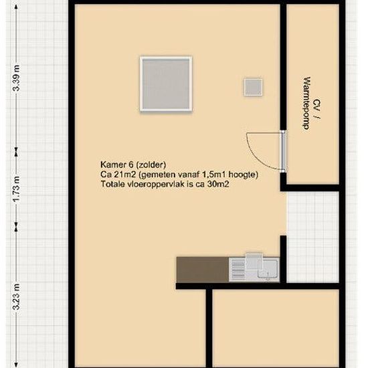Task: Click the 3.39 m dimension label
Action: click(x=17, y=78)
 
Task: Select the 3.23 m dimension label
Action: click(x=17, y=297)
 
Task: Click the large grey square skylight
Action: click(x=166, y=84)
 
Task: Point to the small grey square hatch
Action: click(x=253, y=87)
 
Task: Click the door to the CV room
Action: click(x=284, y=152)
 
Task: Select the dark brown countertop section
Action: click(x=203, y=270)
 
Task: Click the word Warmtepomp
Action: click(x=306, y=103)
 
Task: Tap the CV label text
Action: click(x=317, y=104)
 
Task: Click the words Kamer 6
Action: click(x=117, y=165)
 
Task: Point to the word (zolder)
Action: click(x=151, y=165)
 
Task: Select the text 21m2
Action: click(x=125, y=175)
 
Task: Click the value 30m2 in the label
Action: click(x=218, y=184)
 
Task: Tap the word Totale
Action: click(x=112, y=184)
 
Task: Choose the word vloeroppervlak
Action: click(x=156, y=185)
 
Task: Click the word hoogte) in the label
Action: click(x=244, y=175)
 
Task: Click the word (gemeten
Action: click(x=157, y=175)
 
